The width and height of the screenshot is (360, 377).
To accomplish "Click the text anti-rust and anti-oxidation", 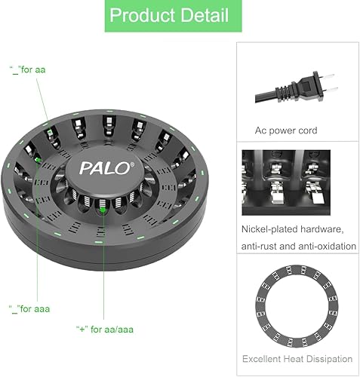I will (x=299, y=245).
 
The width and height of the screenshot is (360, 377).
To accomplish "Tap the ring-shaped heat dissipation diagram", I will (x=299, y=302).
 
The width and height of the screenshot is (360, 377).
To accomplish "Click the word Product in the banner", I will (x=142, y=15).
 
